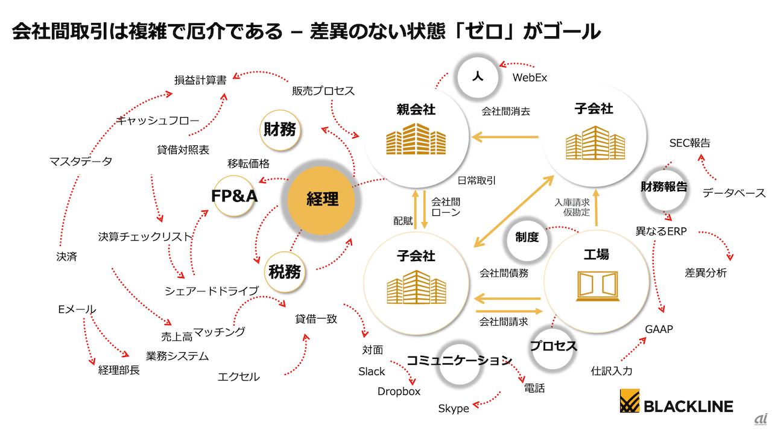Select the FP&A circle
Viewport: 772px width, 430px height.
click(x=233, y=197)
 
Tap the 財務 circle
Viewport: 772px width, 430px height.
click(x=281, y=129)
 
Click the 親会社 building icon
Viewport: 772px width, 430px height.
click(x=416, y=139)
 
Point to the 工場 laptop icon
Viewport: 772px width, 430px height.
click(x=596, y=286)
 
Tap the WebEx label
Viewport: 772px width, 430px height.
click(x=530, y=78)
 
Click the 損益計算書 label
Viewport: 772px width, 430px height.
click(x=200, y=80)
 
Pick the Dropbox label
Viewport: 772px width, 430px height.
click(x=399, y=391)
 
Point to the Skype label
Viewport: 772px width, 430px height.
click(x=454, y=409)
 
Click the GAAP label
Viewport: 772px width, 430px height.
click(x=659, y=330)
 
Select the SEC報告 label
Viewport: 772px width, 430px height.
click(x=690, y=144)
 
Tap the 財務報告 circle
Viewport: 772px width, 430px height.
click(x=663, y=187)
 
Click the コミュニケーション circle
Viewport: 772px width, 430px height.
click(x=459, y=361)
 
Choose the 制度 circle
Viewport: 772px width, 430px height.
click(x=527, y=238)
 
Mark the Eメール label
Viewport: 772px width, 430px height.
click(x=77, y=309)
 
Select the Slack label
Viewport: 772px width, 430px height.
click(x=372, y=372)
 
